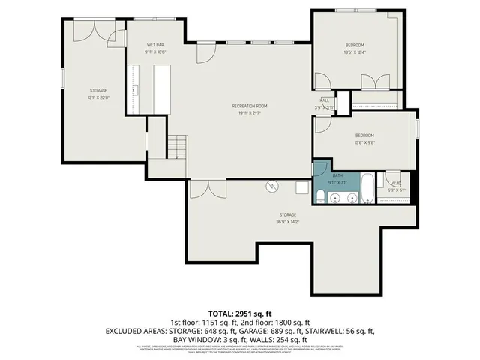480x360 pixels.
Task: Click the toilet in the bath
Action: click(x=320, y=197)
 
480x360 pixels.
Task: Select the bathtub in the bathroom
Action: click(x=369, y=190)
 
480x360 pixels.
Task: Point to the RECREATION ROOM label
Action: click(x=249, y=106)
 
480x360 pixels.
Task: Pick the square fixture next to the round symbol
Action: click(x=301, y=188)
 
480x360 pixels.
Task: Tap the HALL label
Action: click(x=325, y=100)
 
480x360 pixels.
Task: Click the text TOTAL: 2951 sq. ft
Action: click(x=239, y=312)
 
